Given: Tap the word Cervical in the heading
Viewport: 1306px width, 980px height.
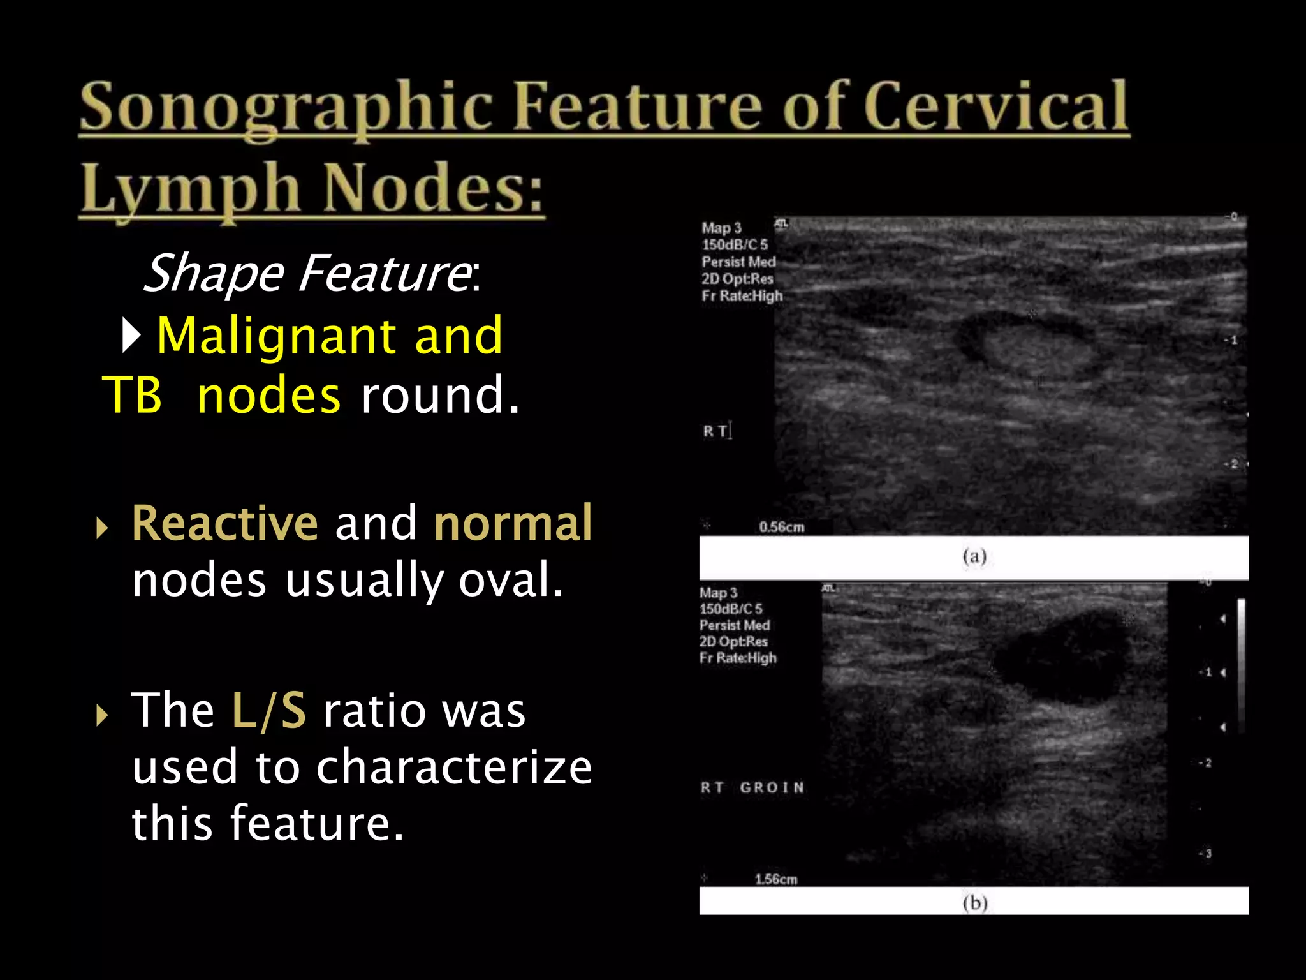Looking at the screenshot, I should pyautogui.click(x=995, y=106).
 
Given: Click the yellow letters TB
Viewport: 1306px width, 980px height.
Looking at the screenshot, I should pyautogui.click(x=132, y=395).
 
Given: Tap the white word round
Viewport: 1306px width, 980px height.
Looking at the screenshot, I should pyautogui.click(x=440, y=395).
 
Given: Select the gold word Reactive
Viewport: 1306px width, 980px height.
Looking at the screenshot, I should pyautogui.click(x=224, y=523).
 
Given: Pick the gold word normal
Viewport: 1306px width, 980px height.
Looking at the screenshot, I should pyautogui.click(x=513, y=523).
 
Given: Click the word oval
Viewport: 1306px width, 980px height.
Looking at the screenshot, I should pyautogui.click(x=511, y=580).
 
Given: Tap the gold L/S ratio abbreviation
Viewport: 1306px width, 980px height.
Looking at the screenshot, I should pyautogui.click(x=268, y=710).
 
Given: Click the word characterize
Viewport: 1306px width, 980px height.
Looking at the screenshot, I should pyautogui.click(x=454, y=767).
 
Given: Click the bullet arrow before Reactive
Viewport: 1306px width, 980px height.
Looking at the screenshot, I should pyautogui.click(x=101, y=528).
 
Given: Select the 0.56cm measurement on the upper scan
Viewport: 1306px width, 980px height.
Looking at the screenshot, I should pyautogui.click(x=781, y=527).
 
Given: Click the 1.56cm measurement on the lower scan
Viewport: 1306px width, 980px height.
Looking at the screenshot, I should pyautogui.click(x=775, y=879).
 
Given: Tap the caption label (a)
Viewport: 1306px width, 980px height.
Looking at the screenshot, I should pyautogui.click(x=974, y=556).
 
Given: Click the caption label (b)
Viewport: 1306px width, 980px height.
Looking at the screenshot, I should pyautogui.click(x=974, y=903).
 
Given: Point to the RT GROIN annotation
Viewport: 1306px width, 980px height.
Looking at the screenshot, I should pyautogui.click(x=752, y=787).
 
